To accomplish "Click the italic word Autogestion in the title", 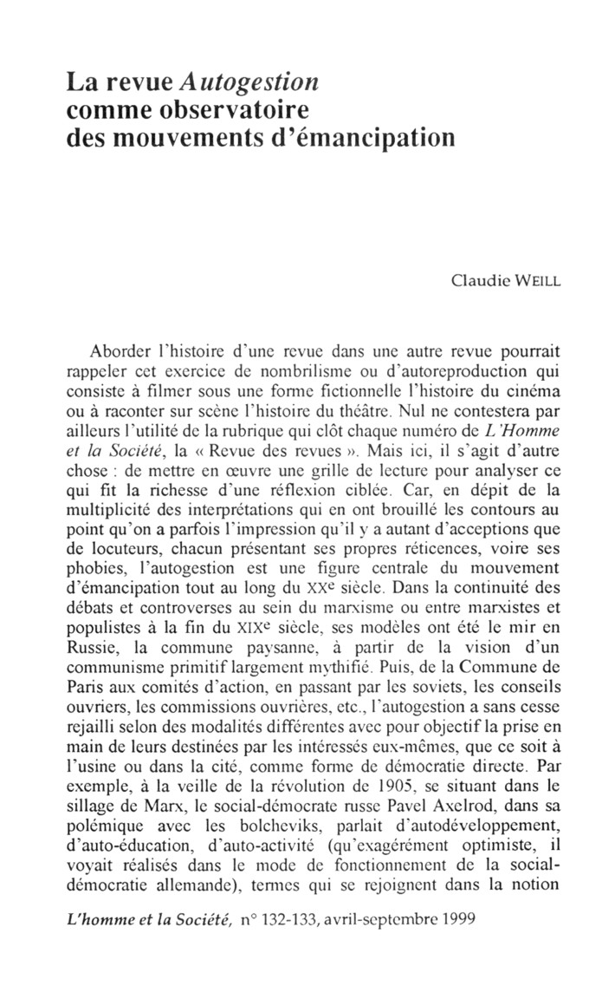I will tap(249, 83).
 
